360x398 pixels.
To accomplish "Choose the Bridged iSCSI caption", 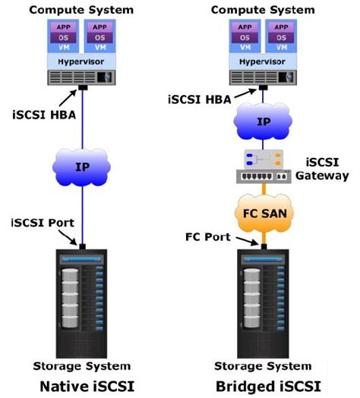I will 263,384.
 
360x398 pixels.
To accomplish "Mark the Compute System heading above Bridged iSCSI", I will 263,9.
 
